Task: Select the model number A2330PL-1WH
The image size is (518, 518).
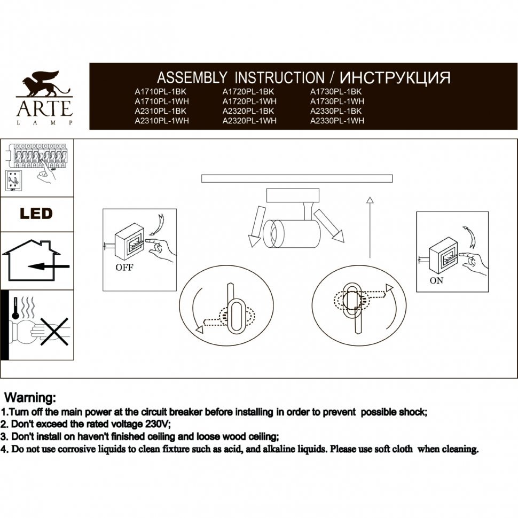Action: point(337,121)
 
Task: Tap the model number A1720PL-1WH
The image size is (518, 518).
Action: point(249,101)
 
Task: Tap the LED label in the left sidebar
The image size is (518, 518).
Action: point(36,214)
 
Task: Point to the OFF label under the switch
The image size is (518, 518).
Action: point(124,268)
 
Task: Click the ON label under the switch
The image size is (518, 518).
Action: point(436,281)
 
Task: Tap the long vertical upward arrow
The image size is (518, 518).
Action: point(370,227)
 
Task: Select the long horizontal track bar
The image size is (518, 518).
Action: point(297,178)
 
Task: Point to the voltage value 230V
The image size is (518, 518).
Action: point(155,424)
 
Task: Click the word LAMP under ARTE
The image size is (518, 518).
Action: point(45,123)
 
